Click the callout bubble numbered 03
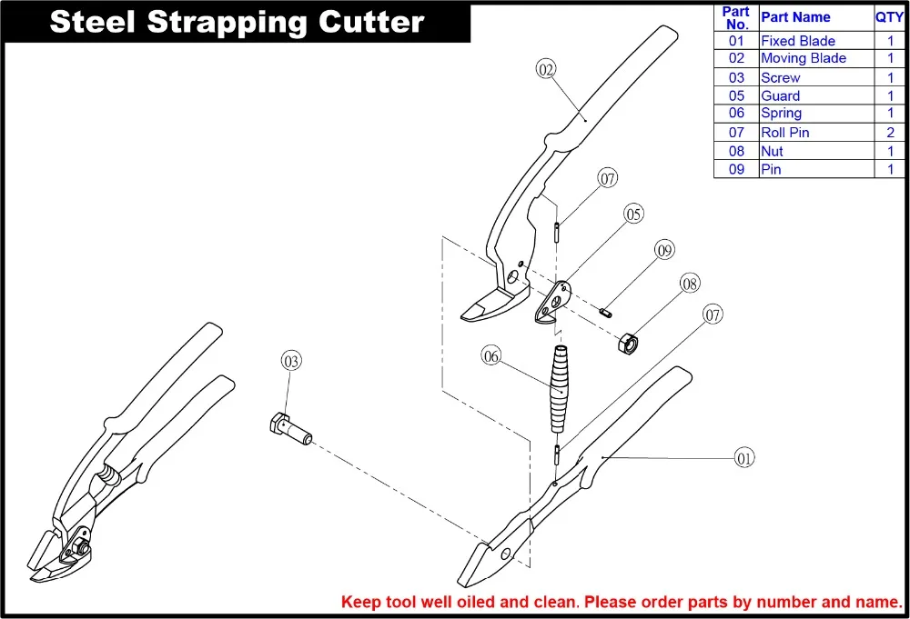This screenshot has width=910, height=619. tap(290, 361)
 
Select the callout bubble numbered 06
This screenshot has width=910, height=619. tap(491, 357)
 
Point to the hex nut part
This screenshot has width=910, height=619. tap(628, 344)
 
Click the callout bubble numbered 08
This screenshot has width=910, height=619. tap(690, 285)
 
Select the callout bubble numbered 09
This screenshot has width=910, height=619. tap(665, 249)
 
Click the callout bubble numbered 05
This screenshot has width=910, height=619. tap(633, 214)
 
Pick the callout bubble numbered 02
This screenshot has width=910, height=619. tap(546, 69)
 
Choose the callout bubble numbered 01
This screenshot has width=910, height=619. tap(744, 458)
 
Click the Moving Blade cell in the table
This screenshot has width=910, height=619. tap(803, 58)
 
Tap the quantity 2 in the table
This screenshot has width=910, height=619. tap(890, 133)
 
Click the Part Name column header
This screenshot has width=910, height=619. tap(795, 17)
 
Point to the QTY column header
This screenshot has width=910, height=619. tap(889, 17)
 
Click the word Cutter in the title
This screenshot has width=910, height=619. tap(368, 22)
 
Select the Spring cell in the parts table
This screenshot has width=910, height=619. tap(781, 114)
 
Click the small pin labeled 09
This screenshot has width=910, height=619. tap(607, 313)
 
